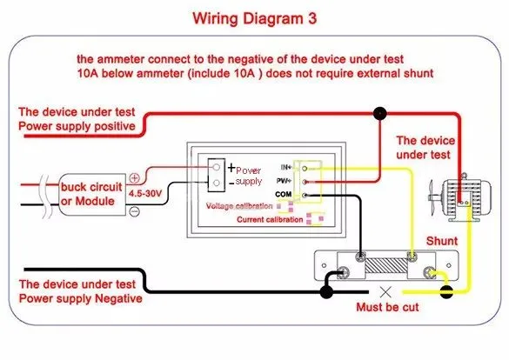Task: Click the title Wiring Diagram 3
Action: click(x=254, y=18)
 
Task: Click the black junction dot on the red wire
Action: click(x=380, y=114)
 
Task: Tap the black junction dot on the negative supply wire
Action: click(x=326, y=292)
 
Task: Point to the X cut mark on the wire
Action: click(x=385, y=292)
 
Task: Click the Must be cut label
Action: click(x=387, y=307)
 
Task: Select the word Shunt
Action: click(x=442, y=241)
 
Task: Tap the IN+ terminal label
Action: click(x=286, y=167)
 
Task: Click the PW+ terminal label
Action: click(x=284, y=181)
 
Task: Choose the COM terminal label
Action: click(x=284, y=194)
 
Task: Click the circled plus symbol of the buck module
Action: click(x=134, y=178)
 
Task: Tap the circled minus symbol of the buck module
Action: click(x=134, y=212)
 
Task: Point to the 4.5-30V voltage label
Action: click(x=145, y=194)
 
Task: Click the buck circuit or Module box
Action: click(x=92, y=194)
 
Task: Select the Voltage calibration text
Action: click(x=239, y=206)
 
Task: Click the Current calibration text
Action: click(x=270, y=220)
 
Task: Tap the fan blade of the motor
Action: click(x=432, y=197)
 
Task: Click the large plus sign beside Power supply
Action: click(x=231, y=168)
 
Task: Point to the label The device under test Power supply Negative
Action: click(x=81, y=291)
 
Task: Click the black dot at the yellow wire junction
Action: click(x=446, y=292)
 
